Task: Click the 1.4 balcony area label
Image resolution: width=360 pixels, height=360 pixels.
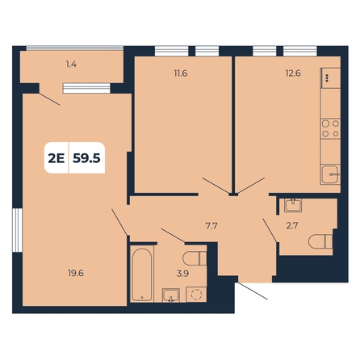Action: click(x=71, y=65)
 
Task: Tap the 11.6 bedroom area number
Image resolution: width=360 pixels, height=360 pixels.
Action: click(x=181, y=73)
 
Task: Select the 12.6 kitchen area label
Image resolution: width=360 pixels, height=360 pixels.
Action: click(x=293, y=73)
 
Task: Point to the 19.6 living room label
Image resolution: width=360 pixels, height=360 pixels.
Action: click(x=76, y=274)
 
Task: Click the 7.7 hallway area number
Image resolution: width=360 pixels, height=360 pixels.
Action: click(x=211, y=226)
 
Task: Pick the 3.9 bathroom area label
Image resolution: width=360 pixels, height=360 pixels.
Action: click(x=182, y=274)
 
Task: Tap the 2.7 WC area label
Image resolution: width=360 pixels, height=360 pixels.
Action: click(x=292, y=226)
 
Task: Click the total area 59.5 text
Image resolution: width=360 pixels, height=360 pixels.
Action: click(x=86, y=158)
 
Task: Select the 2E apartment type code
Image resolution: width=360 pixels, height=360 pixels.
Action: click(x=57, y=158)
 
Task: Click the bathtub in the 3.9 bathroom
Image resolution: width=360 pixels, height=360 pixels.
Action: click(x=142, y=274)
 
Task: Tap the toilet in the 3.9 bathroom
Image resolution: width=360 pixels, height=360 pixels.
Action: click(x=195, y=258)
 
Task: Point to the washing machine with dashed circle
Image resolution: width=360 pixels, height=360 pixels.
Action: click(x=196, y=295)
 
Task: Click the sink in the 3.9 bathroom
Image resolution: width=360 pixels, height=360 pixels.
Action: click(x=171, y=295)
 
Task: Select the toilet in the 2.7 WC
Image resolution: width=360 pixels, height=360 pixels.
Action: click(x=320, y=241)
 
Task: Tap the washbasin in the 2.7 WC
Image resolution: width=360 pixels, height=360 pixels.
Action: click(x=293, y=206)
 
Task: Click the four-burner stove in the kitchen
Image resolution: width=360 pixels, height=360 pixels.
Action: click(x=331, y=128)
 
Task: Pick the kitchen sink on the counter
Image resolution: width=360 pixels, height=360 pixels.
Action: click(x=331, y=174)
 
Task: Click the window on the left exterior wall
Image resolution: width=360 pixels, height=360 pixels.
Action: click(x=18, y=230)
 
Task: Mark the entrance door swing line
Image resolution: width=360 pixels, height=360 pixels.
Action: click(x=253, y=291)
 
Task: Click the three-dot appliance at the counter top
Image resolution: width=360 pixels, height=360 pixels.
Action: click(x=331, y=78)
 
